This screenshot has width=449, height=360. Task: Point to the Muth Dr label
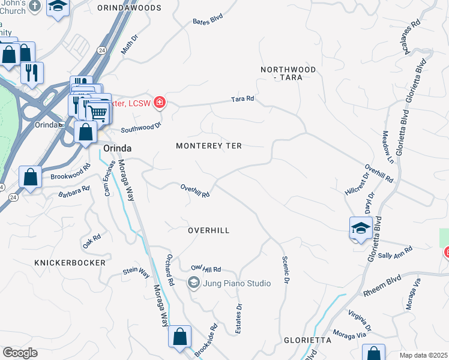coord(129,45)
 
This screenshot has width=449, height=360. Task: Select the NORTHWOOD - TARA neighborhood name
coord(288,74)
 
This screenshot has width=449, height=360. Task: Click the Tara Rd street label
coord(243,98)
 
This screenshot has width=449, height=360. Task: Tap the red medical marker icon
coord(159,103)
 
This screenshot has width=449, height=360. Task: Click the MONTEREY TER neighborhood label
coord(208,146)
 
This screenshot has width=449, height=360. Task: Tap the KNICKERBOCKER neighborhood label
coord(70,263)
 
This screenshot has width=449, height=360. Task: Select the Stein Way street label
coord(136,272)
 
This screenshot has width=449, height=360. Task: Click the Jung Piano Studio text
coord(229,282)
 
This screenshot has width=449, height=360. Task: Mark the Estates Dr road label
coord(238,313)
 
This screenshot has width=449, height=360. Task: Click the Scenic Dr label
coord(286,271)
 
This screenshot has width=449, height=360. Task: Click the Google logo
coord(20,353)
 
